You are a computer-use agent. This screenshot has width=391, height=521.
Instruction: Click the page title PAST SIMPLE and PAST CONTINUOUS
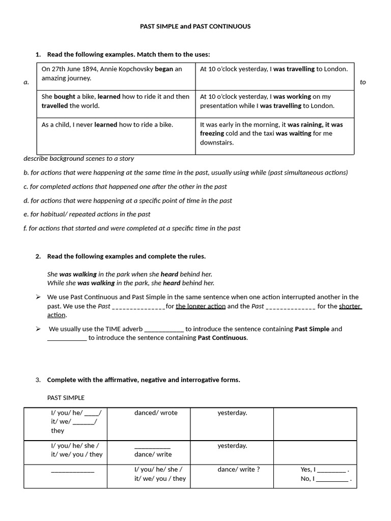coord(195,26)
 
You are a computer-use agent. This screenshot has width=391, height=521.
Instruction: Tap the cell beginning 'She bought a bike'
coord(116,101)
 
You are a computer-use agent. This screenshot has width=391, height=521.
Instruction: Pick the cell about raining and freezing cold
coord(274,133)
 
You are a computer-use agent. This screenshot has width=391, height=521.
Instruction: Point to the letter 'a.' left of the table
coord(26,82)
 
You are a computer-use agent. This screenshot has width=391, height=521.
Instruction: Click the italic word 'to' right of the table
coord(362,82)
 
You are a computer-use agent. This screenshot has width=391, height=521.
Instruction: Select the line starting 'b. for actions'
coord(185,172)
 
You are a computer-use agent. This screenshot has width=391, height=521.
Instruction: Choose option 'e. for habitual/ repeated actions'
coord(87,214)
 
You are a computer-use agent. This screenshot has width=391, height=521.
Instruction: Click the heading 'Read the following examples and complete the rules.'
coord(126,256)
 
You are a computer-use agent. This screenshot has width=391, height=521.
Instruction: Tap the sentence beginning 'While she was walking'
coord(131,283)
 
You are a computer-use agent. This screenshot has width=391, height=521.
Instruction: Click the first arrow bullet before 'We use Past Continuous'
coord(38,297)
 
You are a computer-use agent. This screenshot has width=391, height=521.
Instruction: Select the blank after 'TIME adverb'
coord(164,329)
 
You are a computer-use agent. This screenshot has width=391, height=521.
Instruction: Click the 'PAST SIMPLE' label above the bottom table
coord(66,397)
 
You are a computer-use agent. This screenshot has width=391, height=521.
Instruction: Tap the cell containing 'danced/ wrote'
coord(156,413)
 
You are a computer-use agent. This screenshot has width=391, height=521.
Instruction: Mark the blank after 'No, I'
coord(332,479)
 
